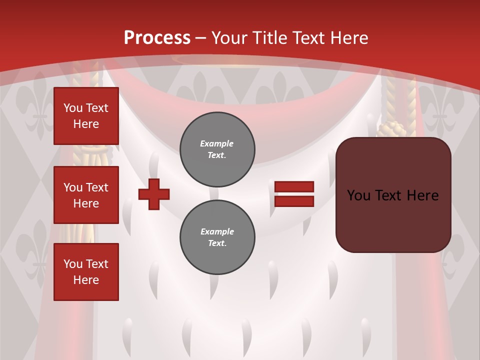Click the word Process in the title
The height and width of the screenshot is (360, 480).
coord(157,38)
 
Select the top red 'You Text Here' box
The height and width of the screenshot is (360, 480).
coord(86,116)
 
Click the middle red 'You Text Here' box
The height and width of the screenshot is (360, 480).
coord(86,195)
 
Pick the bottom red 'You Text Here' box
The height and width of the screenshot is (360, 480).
coord(86,271)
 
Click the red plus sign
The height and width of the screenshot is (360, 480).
coord(154,194)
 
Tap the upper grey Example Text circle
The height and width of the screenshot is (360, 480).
coord(217,149)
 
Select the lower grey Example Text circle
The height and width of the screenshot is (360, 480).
coord(217,237)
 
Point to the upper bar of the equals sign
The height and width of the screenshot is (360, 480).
coord(294,187)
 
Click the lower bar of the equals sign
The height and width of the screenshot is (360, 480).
coord(294,201)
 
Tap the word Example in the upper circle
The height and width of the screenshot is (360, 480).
coord(217,144)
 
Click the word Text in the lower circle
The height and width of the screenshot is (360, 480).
coord(217,243)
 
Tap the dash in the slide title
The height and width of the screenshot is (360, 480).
coord(201,38)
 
